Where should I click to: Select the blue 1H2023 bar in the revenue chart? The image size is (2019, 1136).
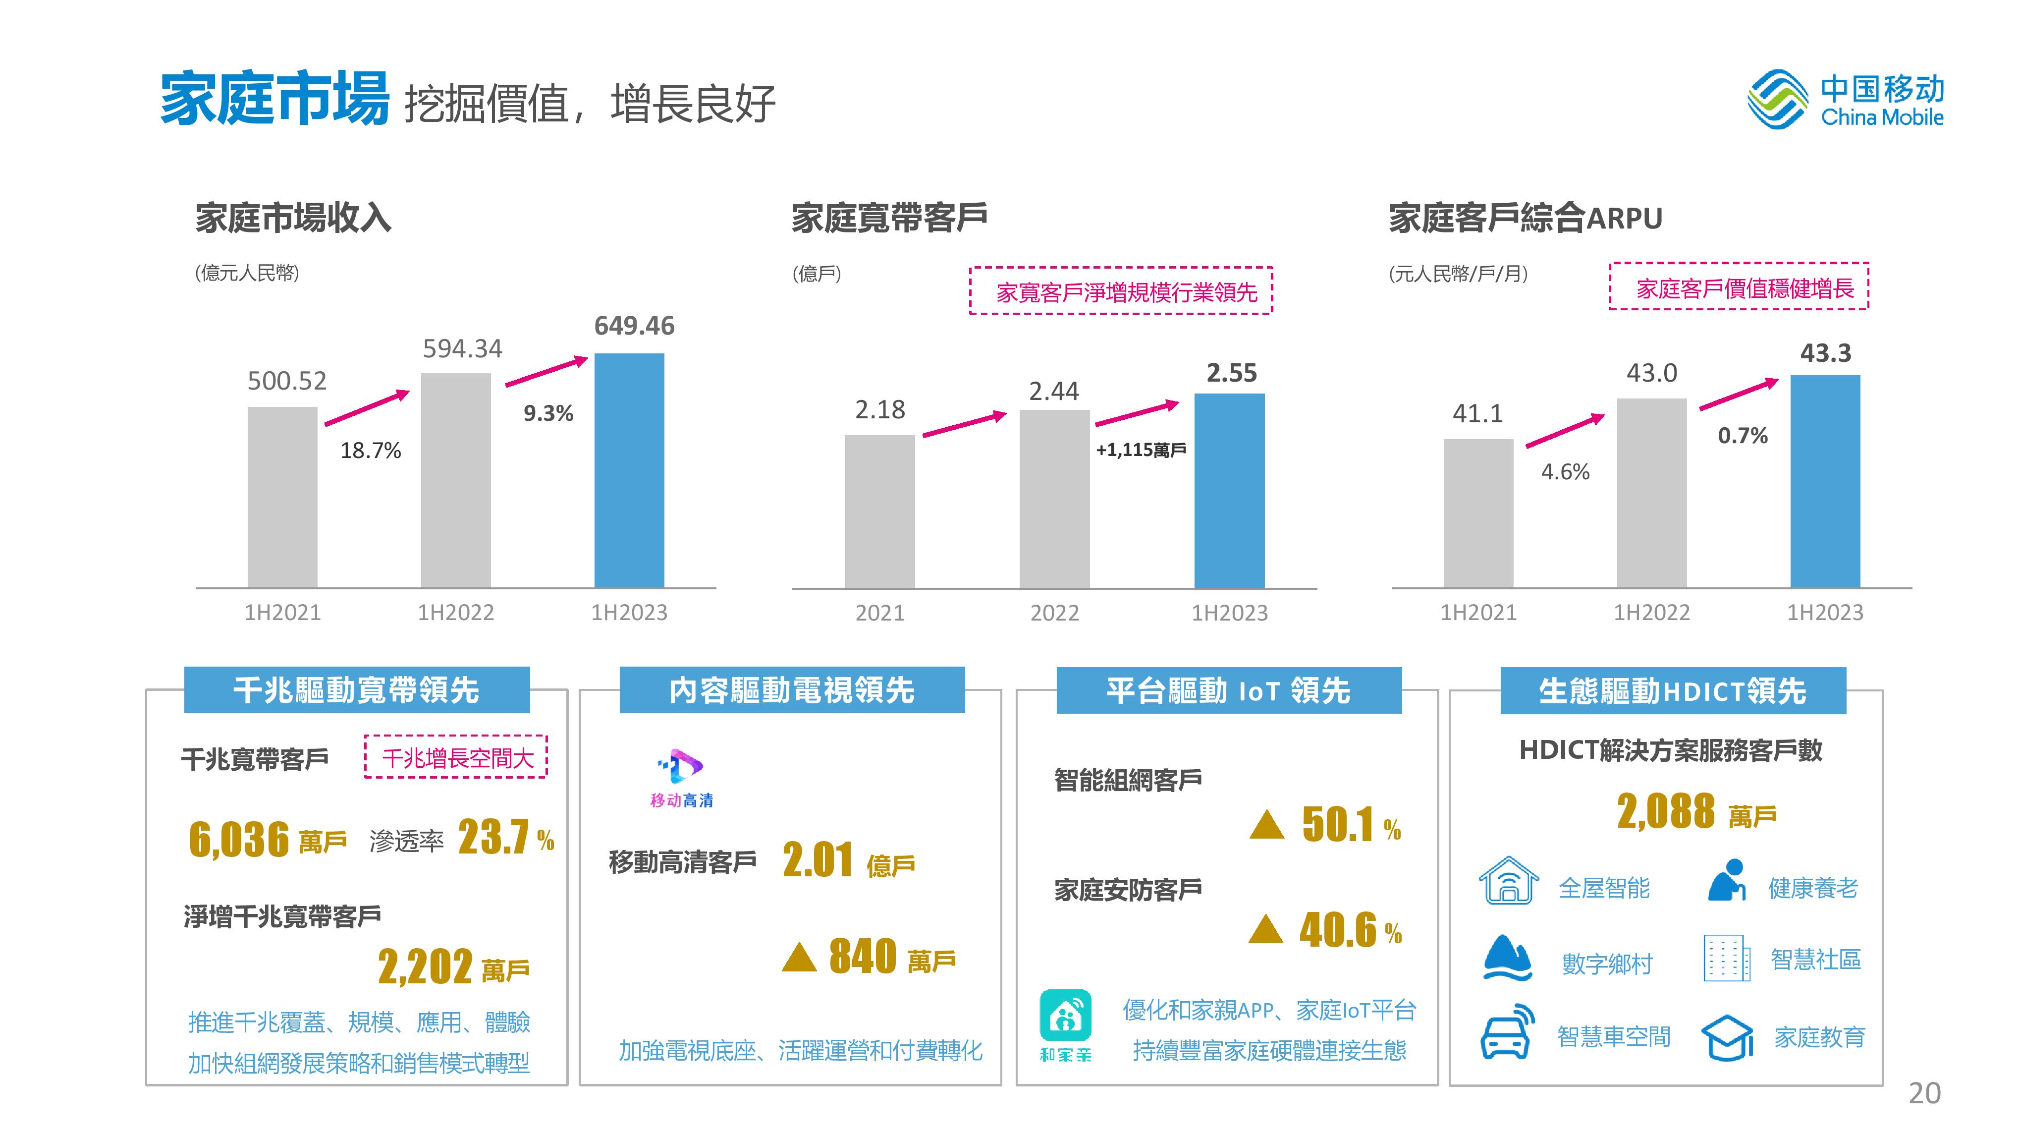pos(629,470)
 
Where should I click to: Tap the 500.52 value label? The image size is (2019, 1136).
pos(287,381)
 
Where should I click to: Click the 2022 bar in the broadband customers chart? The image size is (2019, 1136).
pos(1054,499)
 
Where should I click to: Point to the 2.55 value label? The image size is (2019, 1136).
pos(1231,373)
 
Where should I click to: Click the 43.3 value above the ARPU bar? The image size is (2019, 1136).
pos(1825,353)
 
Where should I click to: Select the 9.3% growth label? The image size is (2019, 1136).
pos(548,413)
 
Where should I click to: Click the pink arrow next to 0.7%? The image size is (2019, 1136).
pos(1739,395)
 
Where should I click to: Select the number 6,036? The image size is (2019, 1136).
pos(239,839)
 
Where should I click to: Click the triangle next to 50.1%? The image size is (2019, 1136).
pos(1266,825)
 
